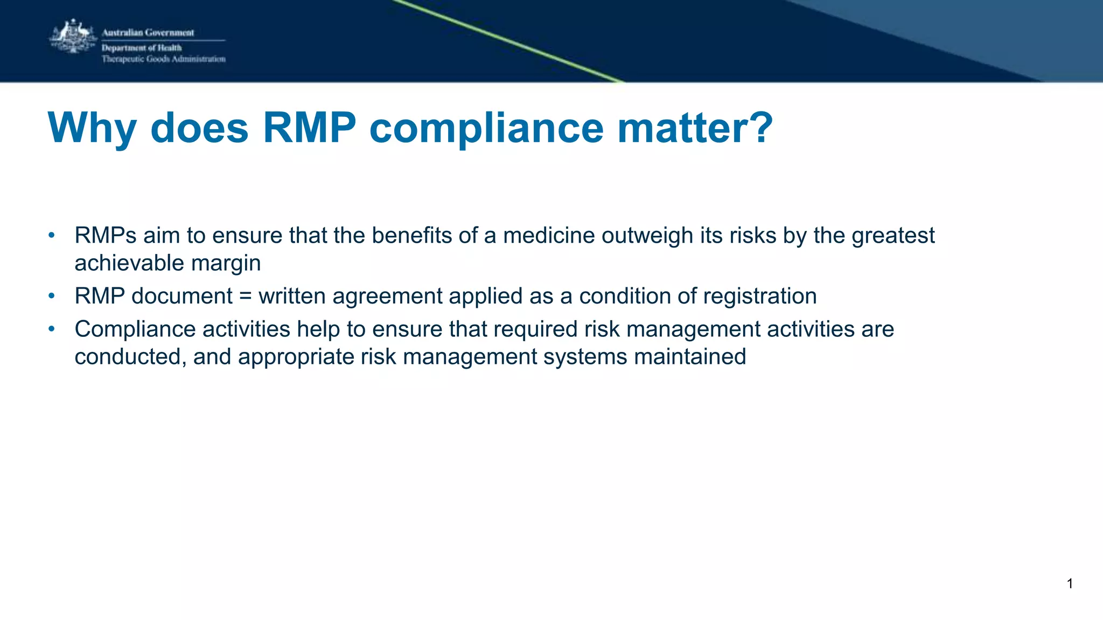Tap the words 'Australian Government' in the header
click(148, 33)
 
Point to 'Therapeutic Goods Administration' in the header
click(163, 59)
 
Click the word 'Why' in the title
click(92, 128)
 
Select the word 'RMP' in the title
click(309, 128)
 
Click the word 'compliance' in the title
click(486, 129)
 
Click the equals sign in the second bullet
click(246, 297)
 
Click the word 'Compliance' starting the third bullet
click(135, 329)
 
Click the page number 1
click(1070, 583)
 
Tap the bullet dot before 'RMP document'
click(52, 296)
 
